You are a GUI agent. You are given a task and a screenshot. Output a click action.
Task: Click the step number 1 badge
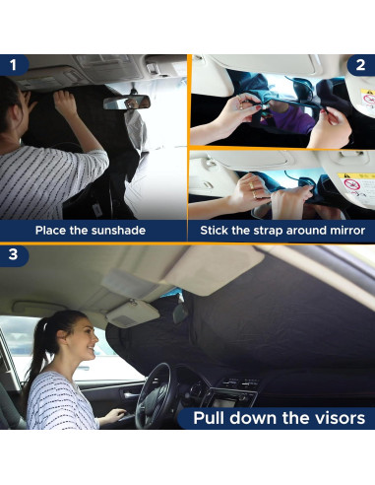tap(13, 65)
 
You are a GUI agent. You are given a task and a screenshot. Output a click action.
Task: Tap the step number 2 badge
tap(360, 65)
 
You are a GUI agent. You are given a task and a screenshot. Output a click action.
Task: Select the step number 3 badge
tap(13, 254)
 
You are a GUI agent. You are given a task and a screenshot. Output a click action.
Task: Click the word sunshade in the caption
tap(118, 230)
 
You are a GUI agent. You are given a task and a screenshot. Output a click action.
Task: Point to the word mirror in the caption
tap(347, 231)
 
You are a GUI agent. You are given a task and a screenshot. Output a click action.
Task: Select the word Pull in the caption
tap(209, 418)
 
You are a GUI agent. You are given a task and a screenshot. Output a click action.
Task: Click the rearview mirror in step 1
tap(127, 103)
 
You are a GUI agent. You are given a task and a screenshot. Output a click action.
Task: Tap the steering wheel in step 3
tap(154, 395)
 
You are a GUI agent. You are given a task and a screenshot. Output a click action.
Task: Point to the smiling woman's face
tap(85, 340)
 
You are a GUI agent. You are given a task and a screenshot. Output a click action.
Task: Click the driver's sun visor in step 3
tap(133, 312)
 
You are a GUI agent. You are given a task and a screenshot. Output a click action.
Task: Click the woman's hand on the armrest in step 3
tap(115, 415)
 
